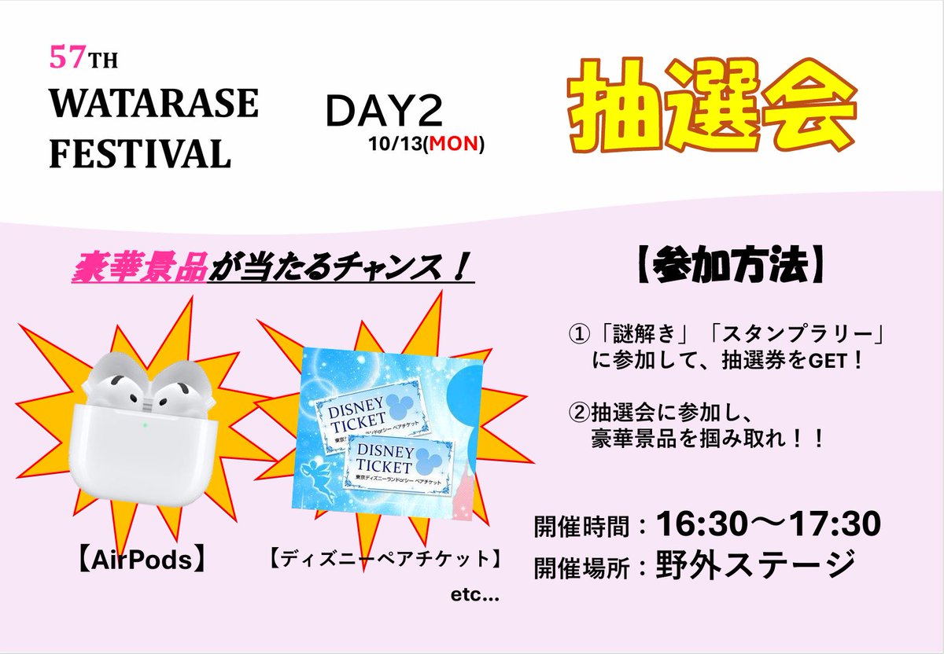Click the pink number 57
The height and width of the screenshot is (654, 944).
(62, 57)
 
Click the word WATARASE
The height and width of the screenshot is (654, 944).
(153, 104)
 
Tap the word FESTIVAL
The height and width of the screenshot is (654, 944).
(140, 153)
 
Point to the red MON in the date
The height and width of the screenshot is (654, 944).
(452, 145)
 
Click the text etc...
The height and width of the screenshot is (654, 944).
(474, 597)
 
